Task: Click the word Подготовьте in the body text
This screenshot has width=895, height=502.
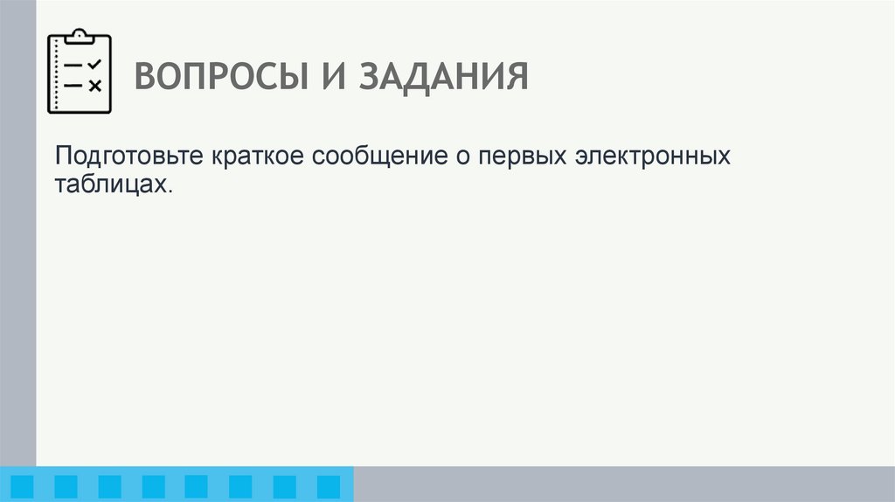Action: pos(128,158)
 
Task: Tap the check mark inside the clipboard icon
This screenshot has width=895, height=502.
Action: pos(95,64)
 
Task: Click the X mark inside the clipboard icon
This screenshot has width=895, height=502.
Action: pos(95,85)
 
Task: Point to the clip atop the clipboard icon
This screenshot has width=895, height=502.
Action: pos(80,35)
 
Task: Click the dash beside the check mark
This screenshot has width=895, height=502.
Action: pos(74,66)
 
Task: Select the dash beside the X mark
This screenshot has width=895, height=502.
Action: pos(74,85)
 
